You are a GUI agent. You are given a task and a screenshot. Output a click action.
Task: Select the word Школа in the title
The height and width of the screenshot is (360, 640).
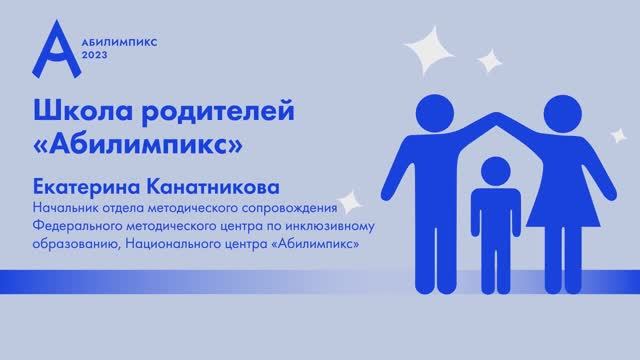click(79, 107)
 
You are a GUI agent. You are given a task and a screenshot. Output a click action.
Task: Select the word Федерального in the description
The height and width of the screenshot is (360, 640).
click(75, 227)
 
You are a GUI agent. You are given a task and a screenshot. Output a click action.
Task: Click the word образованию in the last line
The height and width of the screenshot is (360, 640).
click(67, 245)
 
